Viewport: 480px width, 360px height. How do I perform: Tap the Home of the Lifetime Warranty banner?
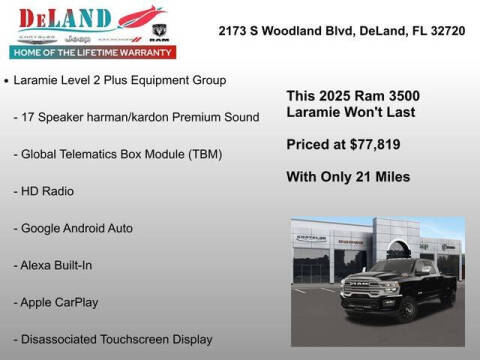click(x=91, y=51)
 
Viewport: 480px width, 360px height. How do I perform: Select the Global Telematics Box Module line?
click(x=117, y=154)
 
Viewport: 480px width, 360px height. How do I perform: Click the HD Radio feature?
click(x=44, y=190)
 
